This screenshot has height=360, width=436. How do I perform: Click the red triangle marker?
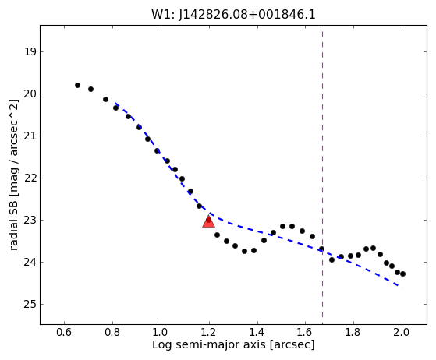tap(208, 221)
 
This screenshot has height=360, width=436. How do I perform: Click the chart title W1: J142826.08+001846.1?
tap(233, 15)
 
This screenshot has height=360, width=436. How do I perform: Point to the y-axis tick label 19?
tap(30, 51)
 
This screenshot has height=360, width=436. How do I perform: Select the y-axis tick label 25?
tap(30, 305)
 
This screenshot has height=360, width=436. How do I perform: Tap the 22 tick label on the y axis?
tap(30, 178)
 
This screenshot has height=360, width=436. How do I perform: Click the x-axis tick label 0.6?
tap(64, 332)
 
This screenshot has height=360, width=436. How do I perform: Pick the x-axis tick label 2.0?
tap(402, 332)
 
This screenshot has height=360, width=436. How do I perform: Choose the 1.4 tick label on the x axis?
tap(257, 332)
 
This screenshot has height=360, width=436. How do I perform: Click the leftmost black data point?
tap(77, 85)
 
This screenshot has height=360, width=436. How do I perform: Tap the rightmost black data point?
tap(402, 274)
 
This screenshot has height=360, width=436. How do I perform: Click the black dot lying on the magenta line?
tap(321, 249)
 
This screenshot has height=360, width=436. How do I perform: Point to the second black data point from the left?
tap(90, 89)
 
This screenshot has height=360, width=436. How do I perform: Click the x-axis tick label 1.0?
tap(161, 332)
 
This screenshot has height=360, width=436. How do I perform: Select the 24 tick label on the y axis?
tap(30, 263)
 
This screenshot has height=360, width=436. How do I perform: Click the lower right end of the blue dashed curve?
tap(402, 288)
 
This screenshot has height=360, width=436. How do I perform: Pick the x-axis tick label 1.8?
tap(353, 332)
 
